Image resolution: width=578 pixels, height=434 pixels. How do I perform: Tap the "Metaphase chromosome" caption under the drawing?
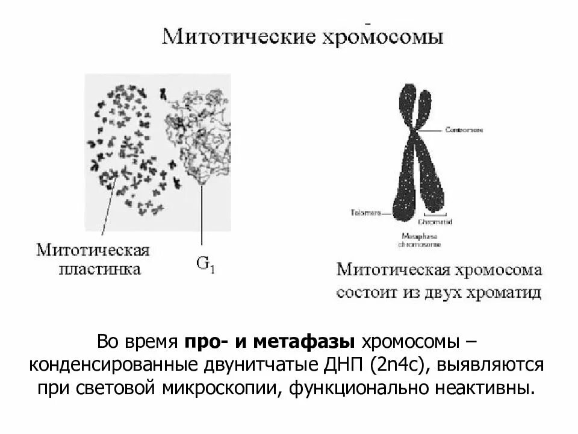pos(418,241)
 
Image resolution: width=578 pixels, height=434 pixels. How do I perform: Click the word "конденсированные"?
pos(116,365)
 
